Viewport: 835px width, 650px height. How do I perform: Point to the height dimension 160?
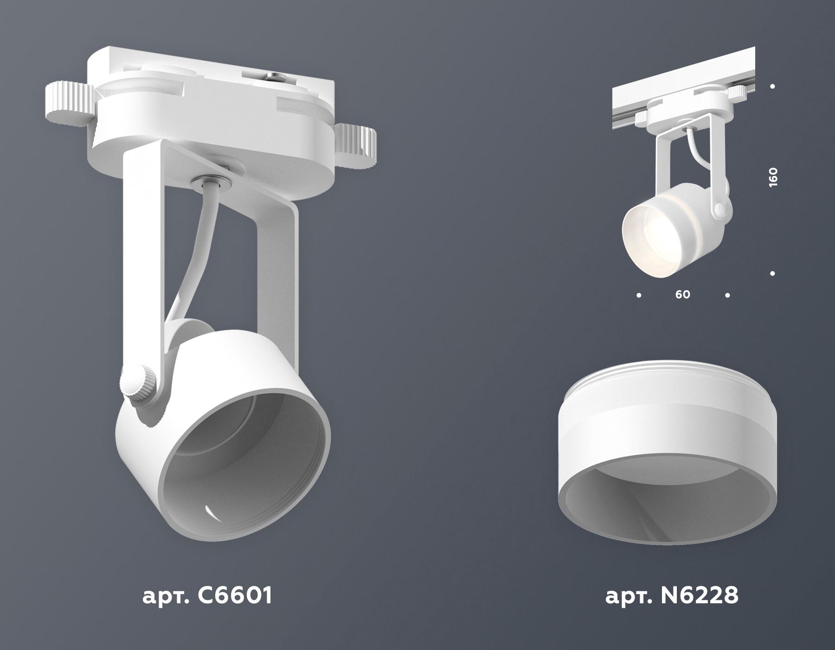click(773, 177)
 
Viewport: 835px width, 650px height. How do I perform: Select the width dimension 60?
click(683, 294)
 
